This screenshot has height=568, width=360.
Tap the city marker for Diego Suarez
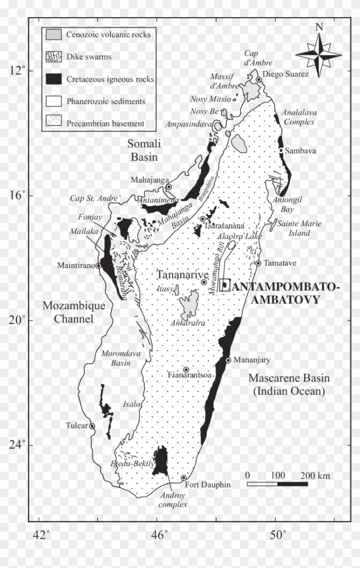tap(259, 80)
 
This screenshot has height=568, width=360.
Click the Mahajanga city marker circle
tap(169, 187)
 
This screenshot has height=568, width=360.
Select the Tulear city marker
tap(92, 426)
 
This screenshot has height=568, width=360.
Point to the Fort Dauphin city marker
tap(184, 478)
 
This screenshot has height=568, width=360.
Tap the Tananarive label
tap(176, 274)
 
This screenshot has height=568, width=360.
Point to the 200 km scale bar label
tap(315, 476)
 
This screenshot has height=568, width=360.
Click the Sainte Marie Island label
tap(299, 228)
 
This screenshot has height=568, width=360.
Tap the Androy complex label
tap(173, 500)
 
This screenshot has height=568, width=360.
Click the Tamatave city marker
tap(258, 263)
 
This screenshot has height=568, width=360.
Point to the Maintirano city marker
tap(98, 266)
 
